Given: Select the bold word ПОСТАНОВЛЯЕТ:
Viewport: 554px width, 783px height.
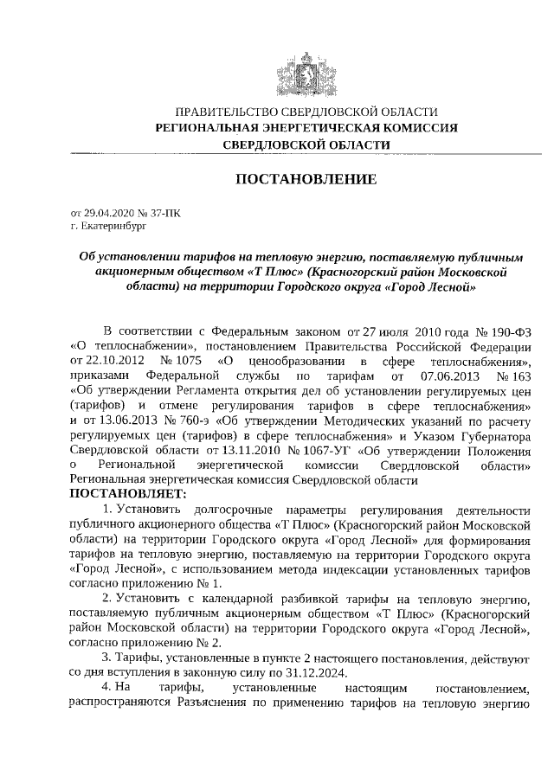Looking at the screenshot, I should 127,494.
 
